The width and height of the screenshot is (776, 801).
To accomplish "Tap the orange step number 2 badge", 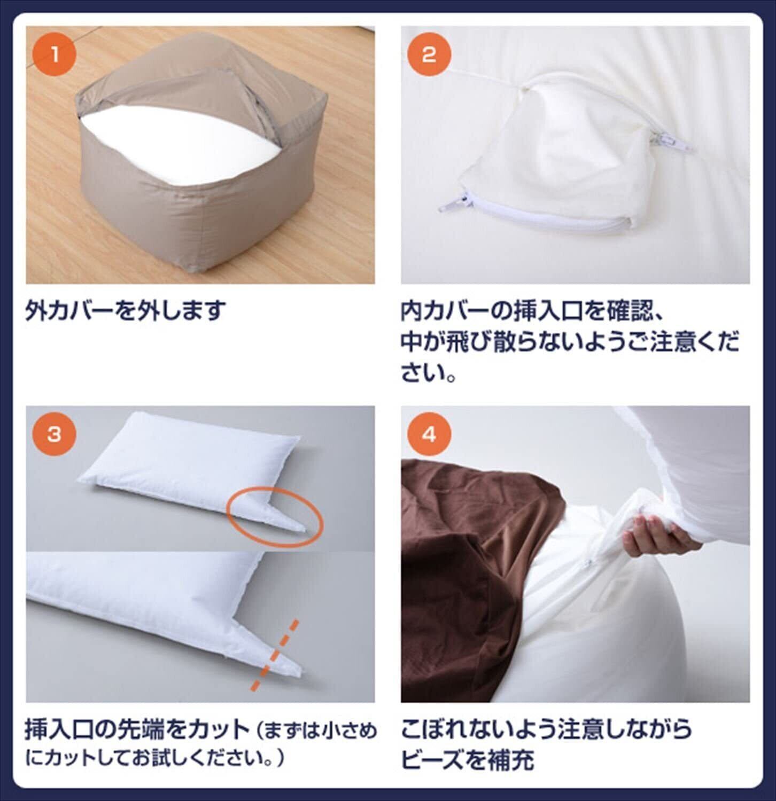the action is click(x=429, y=55).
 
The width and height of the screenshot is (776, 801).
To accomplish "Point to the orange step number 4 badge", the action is click(x=429, y=435).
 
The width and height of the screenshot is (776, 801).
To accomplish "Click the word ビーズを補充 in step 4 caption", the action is click(x=468, y=759).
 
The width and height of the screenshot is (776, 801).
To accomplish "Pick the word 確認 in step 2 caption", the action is click(x=628, y=310).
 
